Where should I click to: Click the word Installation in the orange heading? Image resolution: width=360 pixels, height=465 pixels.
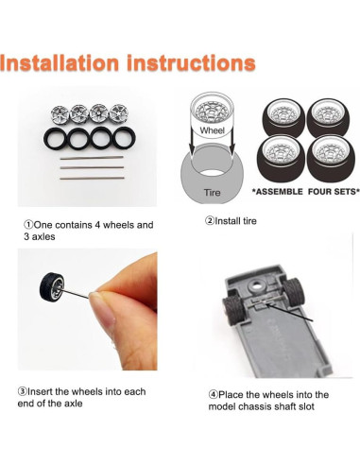pyautogui.click(x=60, y=62)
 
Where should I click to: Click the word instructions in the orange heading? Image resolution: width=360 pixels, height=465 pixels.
pyautogui.click(x=191, y=62)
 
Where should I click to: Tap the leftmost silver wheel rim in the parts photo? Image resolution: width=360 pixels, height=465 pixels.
pyautogui.click(x=60, y=114)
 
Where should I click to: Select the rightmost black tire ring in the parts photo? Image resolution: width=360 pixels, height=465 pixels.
pyautogui.click(x=125, y=138)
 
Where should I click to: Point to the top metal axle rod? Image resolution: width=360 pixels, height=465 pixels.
pyautogui.click(x=92, y=158)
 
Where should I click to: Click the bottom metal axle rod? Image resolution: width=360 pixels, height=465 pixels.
pyautogui.click(x=92, y=179)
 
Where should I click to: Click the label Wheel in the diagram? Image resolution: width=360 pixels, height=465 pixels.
pyautogui.click(x=212, y=130)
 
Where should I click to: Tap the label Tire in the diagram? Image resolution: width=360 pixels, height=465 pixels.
pyautogui.click(x=212, y=192)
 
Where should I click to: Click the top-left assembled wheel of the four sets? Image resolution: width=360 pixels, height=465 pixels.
pyautogui.click(x=283, y=118)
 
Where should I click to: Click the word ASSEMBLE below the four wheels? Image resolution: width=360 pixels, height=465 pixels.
pyautogui.click(x=278, y=192)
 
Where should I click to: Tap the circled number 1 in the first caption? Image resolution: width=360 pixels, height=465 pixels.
pyautogui.click(x=28, y=225)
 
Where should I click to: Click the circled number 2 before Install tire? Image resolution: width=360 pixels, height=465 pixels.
pyautogui.click(x=210, y=221)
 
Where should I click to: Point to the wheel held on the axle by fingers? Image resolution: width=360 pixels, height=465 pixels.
pyautogui.click(x=52, y=286)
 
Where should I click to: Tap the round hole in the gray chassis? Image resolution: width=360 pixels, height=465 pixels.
pyautogui.click(x=255, y=286)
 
